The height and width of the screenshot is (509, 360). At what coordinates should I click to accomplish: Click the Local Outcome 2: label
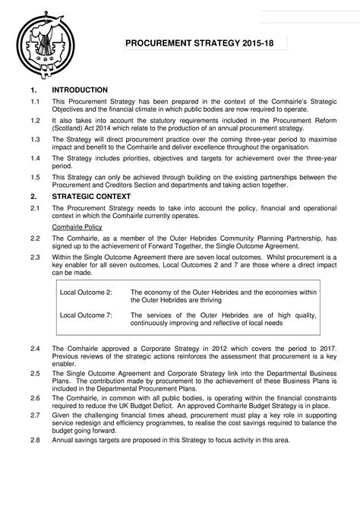coord(86,292)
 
